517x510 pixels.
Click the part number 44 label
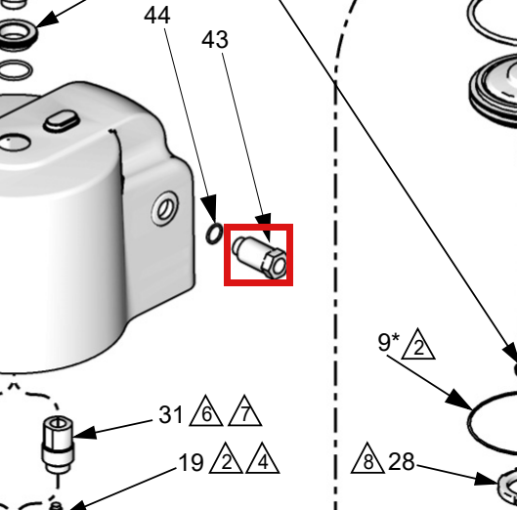pos(157,16)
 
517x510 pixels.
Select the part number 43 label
pos(215,39)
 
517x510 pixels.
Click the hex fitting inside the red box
pos(259,257)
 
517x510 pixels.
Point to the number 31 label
pos(170,414)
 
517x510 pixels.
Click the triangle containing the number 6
pos(206,410)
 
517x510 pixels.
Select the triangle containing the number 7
pos(244,410)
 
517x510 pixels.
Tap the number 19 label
pos(191,462)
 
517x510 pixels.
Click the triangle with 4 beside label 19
pos(263,458)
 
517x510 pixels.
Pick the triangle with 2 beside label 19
pos(226,458)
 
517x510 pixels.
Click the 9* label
pos(388,342)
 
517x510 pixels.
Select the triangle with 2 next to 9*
pos(418,344)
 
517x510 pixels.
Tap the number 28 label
pos(402,461)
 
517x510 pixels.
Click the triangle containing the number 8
pos(367,458)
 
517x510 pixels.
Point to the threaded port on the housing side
pos(165,208)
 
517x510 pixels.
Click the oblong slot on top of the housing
pos(62,120)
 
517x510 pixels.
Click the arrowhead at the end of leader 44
pos(210,208)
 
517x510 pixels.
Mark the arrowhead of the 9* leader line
pos(459,401)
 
